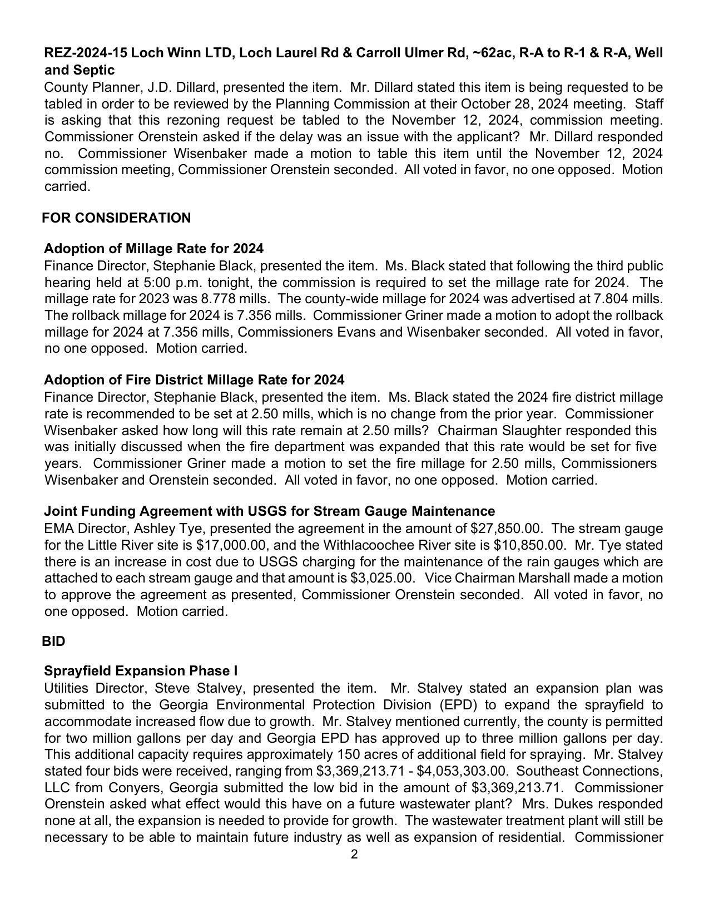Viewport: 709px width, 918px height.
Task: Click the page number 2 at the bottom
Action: click(354, 855)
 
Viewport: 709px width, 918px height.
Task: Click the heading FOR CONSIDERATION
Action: click(116, 218)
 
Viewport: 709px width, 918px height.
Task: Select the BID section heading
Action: click(53, 641)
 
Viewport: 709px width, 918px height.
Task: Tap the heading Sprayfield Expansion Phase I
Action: click(141, 671)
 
